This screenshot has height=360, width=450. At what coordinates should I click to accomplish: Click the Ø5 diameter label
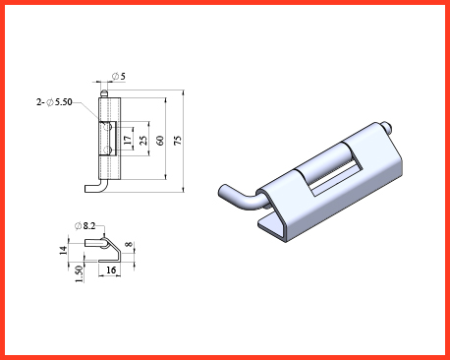119,77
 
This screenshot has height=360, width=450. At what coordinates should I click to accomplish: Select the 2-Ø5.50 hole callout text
54,102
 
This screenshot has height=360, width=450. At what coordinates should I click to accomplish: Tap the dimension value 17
128,140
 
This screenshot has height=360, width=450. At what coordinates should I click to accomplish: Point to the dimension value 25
143,141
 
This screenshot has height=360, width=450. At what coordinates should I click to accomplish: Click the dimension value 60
160,141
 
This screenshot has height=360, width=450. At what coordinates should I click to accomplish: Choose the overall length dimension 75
177,141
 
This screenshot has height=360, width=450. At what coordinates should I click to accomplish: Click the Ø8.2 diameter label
84,226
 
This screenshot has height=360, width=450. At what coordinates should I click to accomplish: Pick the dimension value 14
64,250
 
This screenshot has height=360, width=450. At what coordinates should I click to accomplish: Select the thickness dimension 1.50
79,273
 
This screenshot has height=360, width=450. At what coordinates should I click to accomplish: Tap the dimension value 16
111,270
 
